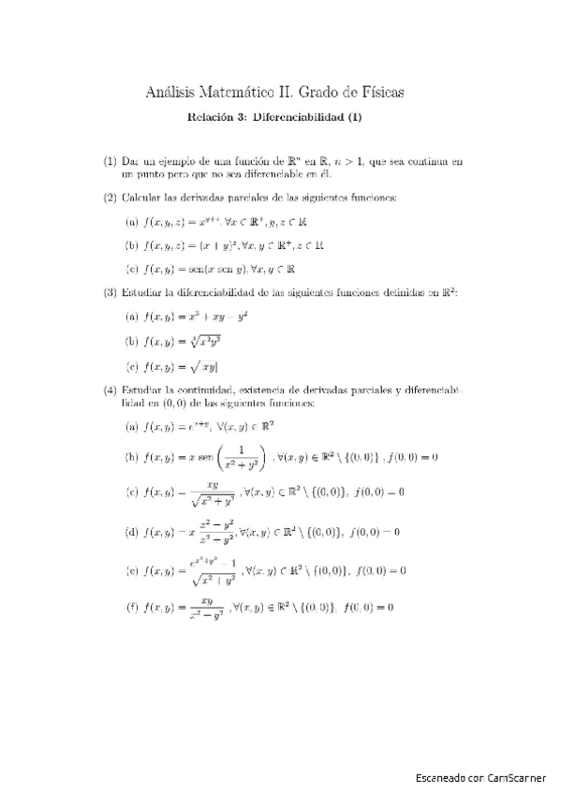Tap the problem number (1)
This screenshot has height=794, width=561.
pos(110,161)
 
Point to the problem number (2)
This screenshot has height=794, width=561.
pos(110,197)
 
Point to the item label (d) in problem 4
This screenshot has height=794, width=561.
pos(132,532)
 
